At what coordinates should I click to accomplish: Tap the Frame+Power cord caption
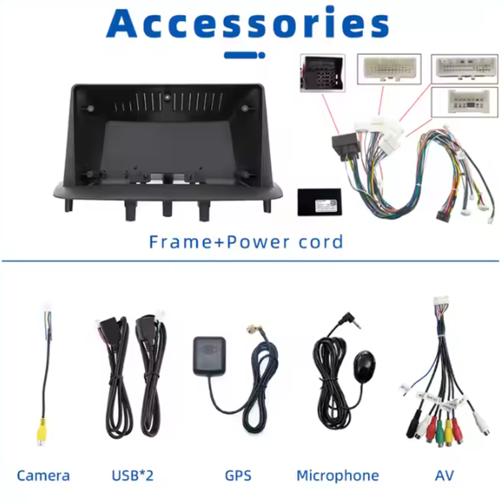point(246,242)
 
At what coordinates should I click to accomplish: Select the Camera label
point(43,476)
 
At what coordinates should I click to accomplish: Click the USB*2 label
point(133,476)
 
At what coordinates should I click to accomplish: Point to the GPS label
point(238,476)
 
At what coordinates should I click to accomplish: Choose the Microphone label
point(338,476)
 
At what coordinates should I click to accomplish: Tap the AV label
point(444,476)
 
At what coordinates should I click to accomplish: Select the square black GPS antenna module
point(209,355)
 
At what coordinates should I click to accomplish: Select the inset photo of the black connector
point(322,72)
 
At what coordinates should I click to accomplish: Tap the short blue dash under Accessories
point(244,55)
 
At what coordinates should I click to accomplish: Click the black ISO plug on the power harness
point(341,145)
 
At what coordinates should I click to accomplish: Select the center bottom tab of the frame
point(167,207)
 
